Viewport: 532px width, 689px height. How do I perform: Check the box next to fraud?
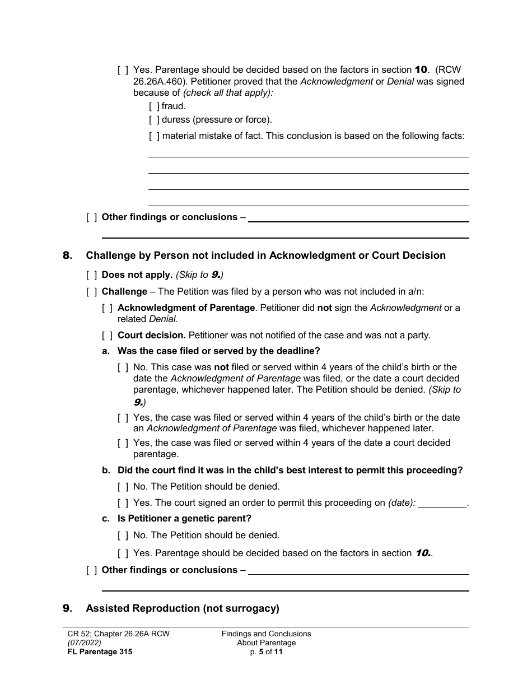coord(154,106)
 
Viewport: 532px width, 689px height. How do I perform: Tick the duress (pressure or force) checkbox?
coord(154,119)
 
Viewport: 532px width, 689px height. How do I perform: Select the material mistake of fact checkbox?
coord(154,136)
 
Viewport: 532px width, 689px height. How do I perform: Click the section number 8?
coord(67,255)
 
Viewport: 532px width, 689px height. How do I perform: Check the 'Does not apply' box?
coord(91,275)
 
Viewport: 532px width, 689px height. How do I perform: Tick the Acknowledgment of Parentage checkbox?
coord(107,308)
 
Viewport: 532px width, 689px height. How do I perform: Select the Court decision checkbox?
coord(107,336)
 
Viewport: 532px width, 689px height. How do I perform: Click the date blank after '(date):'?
coord(442,503)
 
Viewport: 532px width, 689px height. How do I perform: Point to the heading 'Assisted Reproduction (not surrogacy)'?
coord(182,608)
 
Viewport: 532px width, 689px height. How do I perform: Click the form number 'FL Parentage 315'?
coord(97,651)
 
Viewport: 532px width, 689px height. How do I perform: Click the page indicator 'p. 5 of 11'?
coord(266,651)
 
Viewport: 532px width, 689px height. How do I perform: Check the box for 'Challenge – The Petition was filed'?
coord(91,292)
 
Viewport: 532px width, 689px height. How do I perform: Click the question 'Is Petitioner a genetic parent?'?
coord(184,519)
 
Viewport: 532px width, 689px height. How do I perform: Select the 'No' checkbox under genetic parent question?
coord(123,536)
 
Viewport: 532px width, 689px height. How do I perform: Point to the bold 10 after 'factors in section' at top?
coord(421,70)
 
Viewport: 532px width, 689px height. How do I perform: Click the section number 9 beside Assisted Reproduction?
coord(67,608)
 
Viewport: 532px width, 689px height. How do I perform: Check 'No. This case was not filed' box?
coord(123,367)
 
